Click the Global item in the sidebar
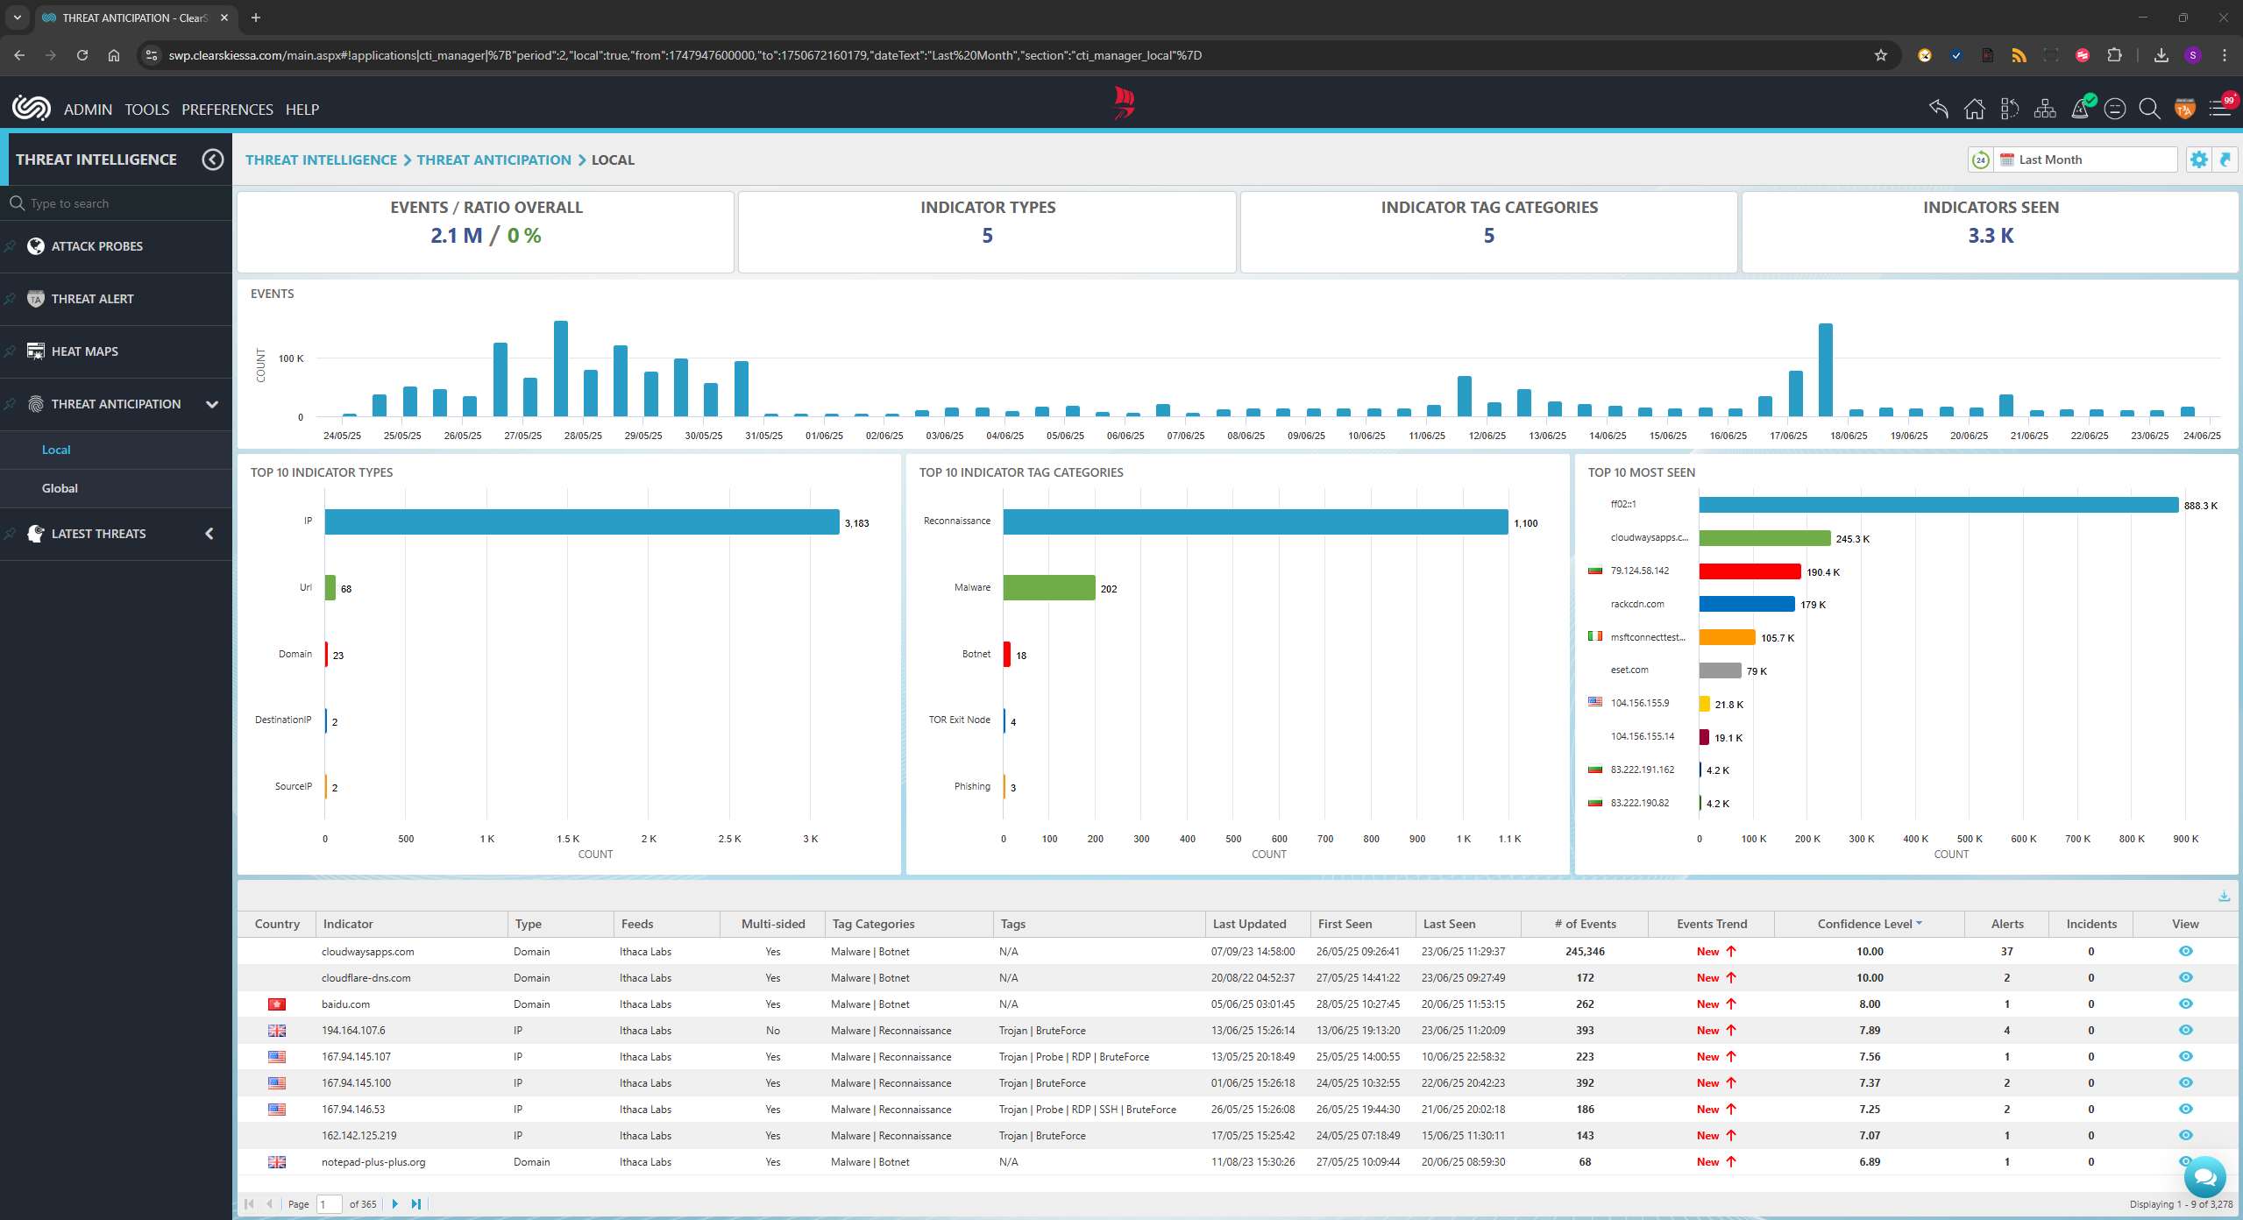click(x=60, y=488)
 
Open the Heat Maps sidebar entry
click(x=84, y=351)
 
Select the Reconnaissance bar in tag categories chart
click(x=1255, y=522)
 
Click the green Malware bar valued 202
click(x=1048, y=588)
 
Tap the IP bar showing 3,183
click(x=581, y=522)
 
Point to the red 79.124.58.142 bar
click(x=1749, y=571)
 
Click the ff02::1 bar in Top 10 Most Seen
click(x=1937, y=505)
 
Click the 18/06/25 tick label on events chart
click(x=1849, y=436)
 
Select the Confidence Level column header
click(x=1864, y=924)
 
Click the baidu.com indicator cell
click(x=345, y=1004)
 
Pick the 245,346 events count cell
click(x=1585, y=952)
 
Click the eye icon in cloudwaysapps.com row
click(x=2185, y=951)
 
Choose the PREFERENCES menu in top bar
click(x=227, y=110)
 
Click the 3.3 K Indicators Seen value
click(x=1990, y=236)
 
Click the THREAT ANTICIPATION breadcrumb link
click(x=493, y=160)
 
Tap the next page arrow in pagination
click(x=395, y=1204)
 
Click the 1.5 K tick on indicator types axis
click(x=568, y=839)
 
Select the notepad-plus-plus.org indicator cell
click(x=373, y=1162)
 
